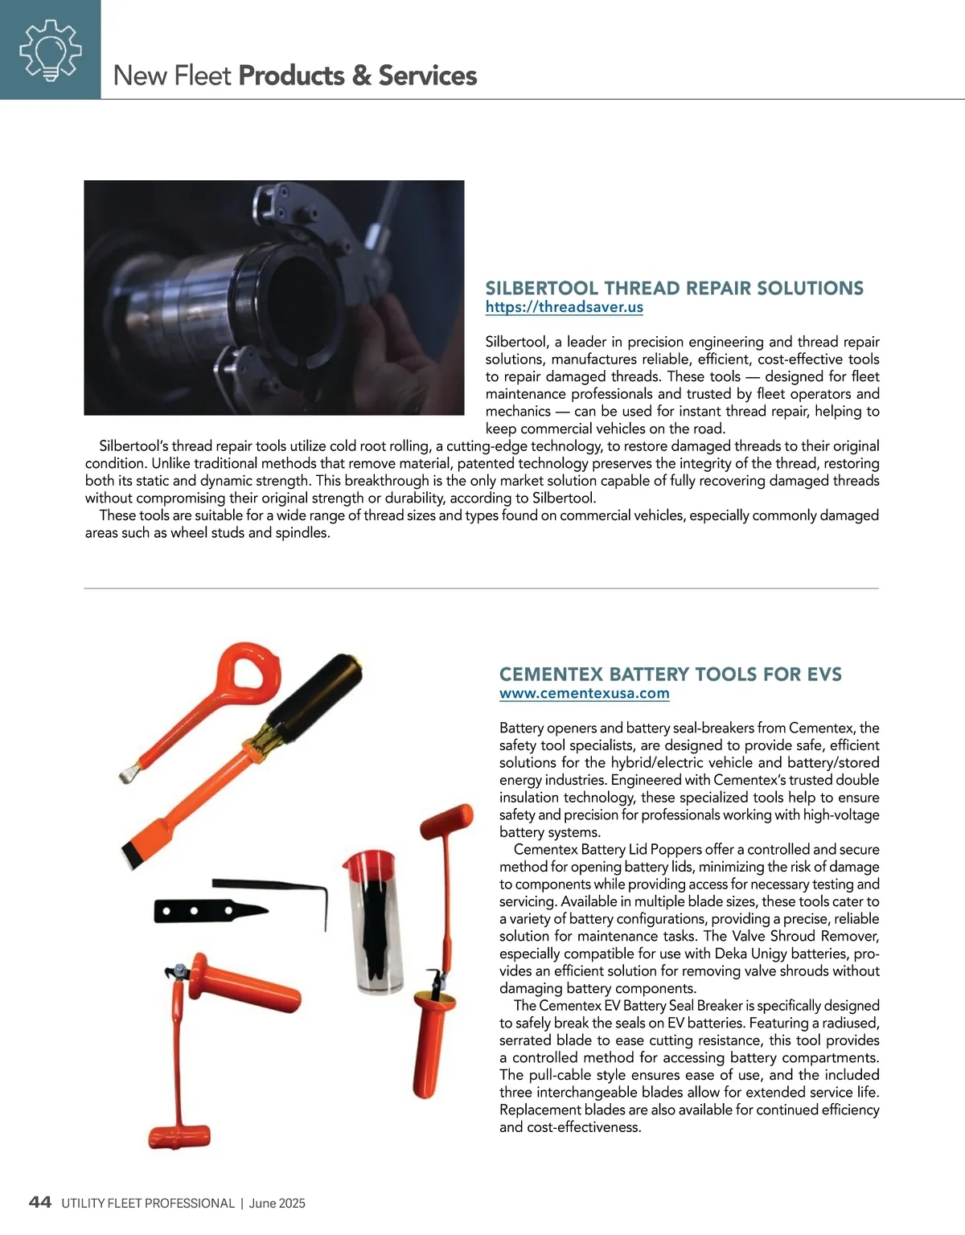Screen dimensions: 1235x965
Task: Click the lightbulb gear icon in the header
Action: point(50,50)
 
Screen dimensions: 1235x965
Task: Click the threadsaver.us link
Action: point(564,307)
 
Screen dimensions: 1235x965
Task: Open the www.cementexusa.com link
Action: point(584,693)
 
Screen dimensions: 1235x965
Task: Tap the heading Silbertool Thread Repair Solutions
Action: point(674,288)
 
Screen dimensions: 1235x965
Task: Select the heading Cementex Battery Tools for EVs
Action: point(670,674)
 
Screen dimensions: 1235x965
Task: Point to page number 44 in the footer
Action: point(40,1202)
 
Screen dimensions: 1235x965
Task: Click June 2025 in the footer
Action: point(277,1204)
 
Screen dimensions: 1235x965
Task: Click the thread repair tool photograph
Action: point(273,297)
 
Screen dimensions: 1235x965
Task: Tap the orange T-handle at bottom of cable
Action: point(179,1136)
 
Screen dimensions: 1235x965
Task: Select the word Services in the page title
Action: point(427,76)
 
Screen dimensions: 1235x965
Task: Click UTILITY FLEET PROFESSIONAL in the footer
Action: point(148,1204)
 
